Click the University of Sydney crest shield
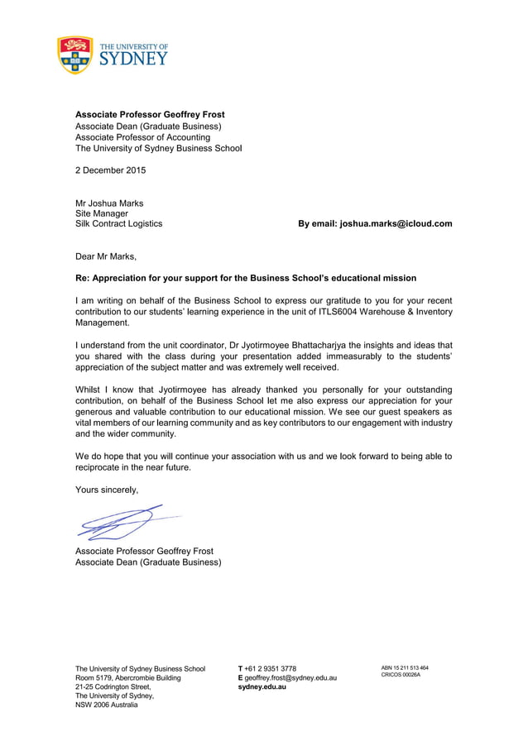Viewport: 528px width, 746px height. click(74, 55)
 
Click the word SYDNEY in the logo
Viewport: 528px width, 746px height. click(133, 60)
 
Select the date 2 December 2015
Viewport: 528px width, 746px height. click(110, 171)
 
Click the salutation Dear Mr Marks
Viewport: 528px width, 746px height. click(106, 256)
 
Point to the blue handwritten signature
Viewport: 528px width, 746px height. click(120, 524)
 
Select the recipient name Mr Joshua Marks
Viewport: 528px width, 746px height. click(109, 203)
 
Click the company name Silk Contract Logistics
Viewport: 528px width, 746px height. click(118, 223)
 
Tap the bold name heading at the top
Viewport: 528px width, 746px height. click(150, 114)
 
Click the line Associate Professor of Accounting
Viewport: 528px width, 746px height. click(142, 137)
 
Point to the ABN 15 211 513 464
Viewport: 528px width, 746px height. click(404, 667)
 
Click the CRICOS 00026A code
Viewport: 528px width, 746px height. click(401, 675)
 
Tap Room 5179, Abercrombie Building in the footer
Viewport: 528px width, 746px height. click(127, 677)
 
